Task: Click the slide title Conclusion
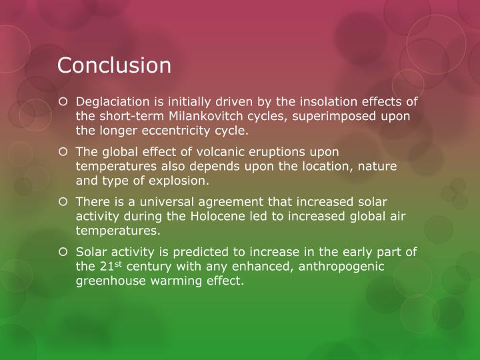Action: pos(114,65)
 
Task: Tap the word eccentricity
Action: pos(172,130)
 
